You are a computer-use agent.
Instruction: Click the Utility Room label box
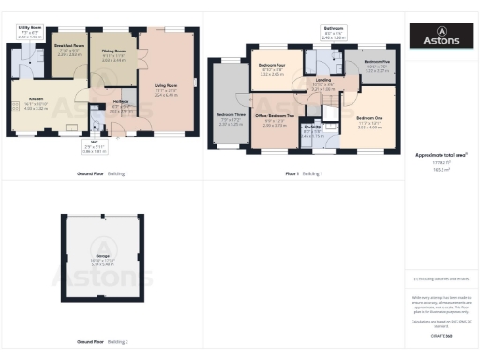29,33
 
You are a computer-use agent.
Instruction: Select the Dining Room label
113,54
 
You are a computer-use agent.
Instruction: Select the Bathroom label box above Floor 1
335,33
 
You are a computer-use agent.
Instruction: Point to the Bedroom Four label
271,69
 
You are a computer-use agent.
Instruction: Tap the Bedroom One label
369,121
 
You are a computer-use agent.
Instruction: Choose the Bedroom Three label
230,121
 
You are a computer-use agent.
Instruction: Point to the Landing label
322,83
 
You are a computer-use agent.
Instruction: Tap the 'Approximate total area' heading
442,154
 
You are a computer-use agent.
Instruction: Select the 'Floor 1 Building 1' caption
304,174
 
